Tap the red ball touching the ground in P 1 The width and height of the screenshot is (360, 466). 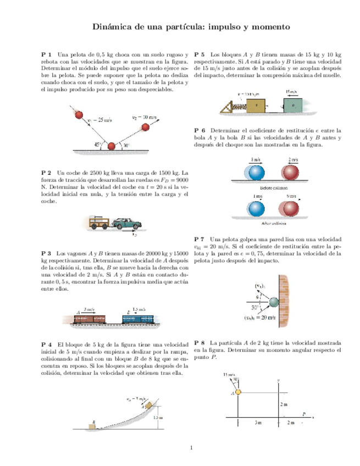click(x=112, y=146)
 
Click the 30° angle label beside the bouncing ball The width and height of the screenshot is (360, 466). click(x=126, y=146)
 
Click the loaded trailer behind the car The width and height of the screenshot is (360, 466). click(x=101, y=222)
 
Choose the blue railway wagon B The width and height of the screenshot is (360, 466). click(x=138, y=318)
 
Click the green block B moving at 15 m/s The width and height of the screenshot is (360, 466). click(x=294, y=103)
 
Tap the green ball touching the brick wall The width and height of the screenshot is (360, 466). click(x=274, y=302)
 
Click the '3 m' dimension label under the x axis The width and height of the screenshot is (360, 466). click(x=258, y=423)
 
